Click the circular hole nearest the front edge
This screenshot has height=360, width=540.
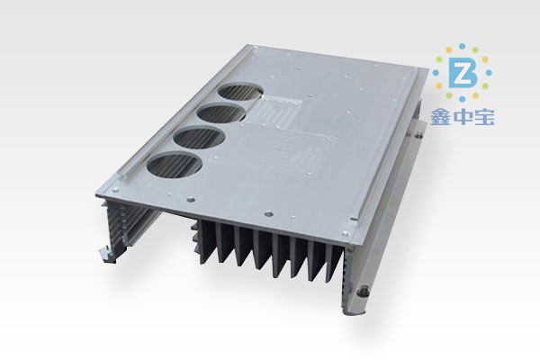174,166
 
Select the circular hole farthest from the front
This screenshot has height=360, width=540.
240,92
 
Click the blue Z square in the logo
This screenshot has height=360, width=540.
463,73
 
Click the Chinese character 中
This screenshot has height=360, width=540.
463,118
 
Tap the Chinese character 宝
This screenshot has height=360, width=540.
484,118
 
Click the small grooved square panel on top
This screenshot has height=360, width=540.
274,112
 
